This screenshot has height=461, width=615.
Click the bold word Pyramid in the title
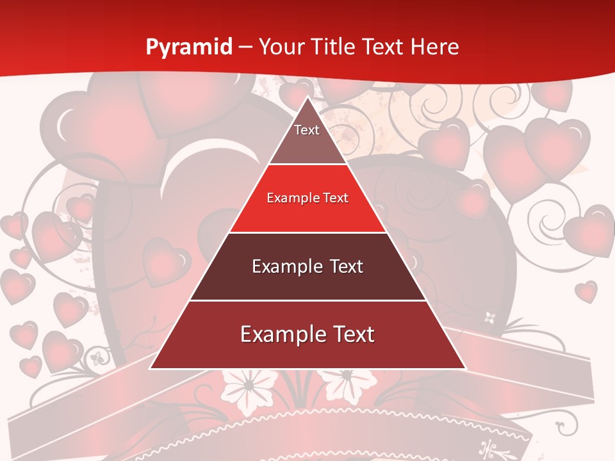[x=188, y=47]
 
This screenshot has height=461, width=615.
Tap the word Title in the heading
[x=336, y=47]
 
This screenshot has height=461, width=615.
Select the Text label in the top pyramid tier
[x=307, y=130]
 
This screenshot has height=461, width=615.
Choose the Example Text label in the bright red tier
[x=307, y=198]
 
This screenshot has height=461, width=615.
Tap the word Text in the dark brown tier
[x=347, y=266]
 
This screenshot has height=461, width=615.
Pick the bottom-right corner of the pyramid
[x=464, y=368]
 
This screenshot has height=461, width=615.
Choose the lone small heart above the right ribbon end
[x=586, y=291]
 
